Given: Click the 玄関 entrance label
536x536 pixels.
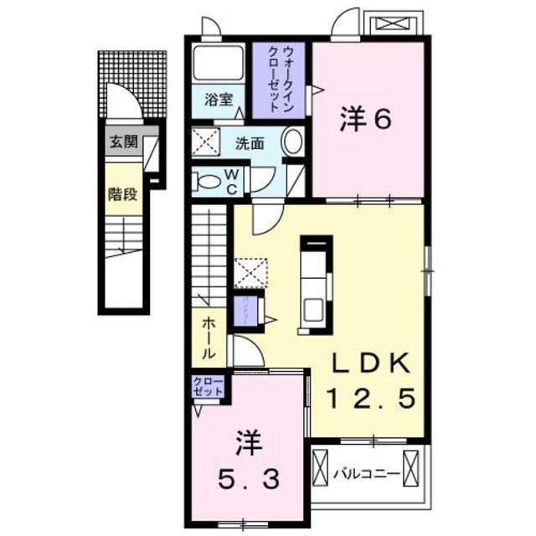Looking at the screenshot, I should click(122, 142).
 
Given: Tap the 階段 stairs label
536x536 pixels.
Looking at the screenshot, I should click(122, 194).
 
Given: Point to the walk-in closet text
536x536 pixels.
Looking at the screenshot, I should click(282, 80).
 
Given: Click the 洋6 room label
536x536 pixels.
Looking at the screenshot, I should click(366, 120).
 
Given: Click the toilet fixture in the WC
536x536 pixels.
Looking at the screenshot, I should click(207, 178).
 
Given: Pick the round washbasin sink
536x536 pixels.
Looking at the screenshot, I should click(292, 142).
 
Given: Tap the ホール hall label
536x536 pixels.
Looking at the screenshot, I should click(208, 338).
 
